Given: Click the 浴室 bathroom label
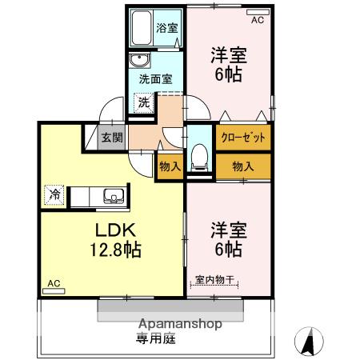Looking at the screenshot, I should tap(167, 27).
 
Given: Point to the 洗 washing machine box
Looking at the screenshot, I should tap(142, 102).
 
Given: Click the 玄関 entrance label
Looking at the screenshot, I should tap(111, 137).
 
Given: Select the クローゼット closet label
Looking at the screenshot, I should tap(242, 137).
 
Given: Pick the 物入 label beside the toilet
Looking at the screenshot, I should tap(170, 166).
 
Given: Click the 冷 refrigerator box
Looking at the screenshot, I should tap(55, 194).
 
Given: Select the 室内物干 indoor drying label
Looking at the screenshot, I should tap(214, 280).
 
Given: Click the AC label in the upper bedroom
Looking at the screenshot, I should tap(257, 21).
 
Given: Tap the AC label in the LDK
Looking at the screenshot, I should tap(53, 283).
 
